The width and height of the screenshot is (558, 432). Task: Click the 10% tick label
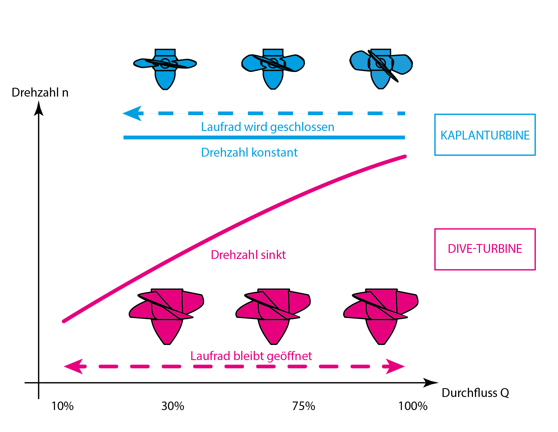point(63,406)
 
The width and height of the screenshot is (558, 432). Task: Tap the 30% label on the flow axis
point(173,406)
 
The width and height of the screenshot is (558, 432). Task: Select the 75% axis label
point(304,406)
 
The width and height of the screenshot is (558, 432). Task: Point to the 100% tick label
point(413,406)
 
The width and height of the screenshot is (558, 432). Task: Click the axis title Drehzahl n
point(40,93)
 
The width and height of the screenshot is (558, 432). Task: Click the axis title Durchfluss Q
point(475,393)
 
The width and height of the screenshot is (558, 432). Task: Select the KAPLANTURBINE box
point(485,135)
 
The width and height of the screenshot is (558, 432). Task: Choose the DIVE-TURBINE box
point(485,249)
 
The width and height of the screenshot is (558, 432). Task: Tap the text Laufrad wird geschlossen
point(268,127)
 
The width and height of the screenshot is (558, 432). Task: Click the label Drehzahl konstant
point(249,152)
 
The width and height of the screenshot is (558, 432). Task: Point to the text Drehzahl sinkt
point(248,255)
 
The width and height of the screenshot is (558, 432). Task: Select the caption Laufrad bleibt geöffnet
point(251,356)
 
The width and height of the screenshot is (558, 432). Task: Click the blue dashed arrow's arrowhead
point(133,113)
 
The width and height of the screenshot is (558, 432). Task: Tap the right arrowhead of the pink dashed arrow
point(395,366)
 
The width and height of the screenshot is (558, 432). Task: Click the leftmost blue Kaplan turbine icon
point(165,69)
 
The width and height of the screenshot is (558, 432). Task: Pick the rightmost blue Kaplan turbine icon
point(381,69)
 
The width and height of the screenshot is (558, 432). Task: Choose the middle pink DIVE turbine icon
point(273,317)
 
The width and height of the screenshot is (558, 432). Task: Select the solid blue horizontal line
point(264,138)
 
